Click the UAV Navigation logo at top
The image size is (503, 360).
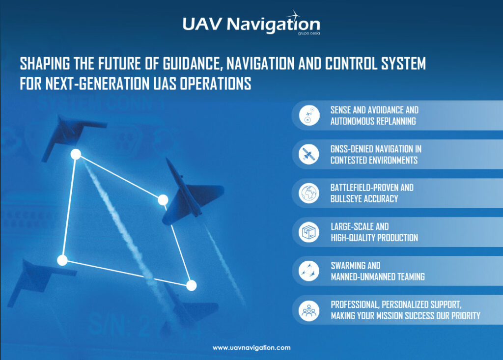tap(251, 23)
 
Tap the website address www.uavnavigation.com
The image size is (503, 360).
tap(251, 348)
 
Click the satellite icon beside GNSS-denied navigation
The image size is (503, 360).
tap(309, 154)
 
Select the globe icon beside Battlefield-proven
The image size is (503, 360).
tap(309, 193)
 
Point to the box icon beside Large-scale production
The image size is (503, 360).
tap(309, 232)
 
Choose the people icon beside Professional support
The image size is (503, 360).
tap(309, 310)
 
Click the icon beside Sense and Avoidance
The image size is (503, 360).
tap(309, 115)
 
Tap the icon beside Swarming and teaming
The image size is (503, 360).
tap(309, 271)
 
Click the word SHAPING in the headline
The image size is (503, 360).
tap(45, 63)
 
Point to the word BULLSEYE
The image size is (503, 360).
tap(348, 199)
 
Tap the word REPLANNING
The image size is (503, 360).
tap(396, 121)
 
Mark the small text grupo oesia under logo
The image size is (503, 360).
tap(308, 33)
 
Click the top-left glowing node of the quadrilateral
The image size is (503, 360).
tap(76, 154)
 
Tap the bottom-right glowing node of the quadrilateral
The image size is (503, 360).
tap(192, 285)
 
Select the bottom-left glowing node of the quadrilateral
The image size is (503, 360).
tap(62, 260)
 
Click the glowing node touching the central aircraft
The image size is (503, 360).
tap(163, 200)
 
